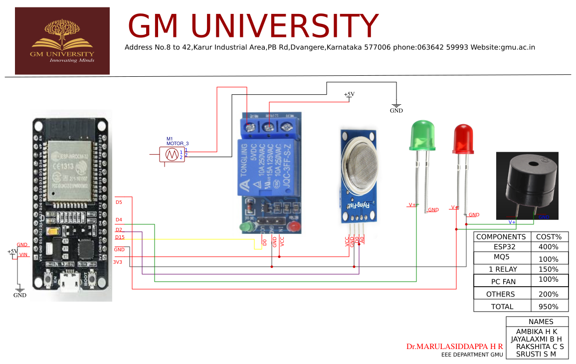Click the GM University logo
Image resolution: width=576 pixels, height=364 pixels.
click(62, 41)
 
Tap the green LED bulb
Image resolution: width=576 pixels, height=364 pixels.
click(421, 136)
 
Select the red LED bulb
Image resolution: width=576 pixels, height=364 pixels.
click(464, 139)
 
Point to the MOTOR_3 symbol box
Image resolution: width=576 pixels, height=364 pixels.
click(172, 155)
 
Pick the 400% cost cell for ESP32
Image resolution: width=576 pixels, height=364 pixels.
click(549, 246)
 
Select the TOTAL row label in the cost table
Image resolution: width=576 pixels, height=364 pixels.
click(502, 307)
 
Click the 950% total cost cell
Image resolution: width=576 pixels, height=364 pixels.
click(549, 307)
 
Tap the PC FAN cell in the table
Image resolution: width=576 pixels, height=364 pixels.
click(502, 281)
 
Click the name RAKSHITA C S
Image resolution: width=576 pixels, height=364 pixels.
click(540, 346)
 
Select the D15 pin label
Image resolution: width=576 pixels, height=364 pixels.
click(120, 237)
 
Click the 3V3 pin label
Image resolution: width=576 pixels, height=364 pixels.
click(117, 262)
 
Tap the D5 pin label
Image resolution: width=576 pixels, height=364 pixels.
click(119, 202)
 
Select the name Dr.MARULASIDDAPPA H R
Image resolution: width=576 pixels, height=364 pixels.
click(454, 346)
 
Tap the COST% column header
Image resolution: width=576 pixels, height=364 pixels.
click(549, 237)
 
